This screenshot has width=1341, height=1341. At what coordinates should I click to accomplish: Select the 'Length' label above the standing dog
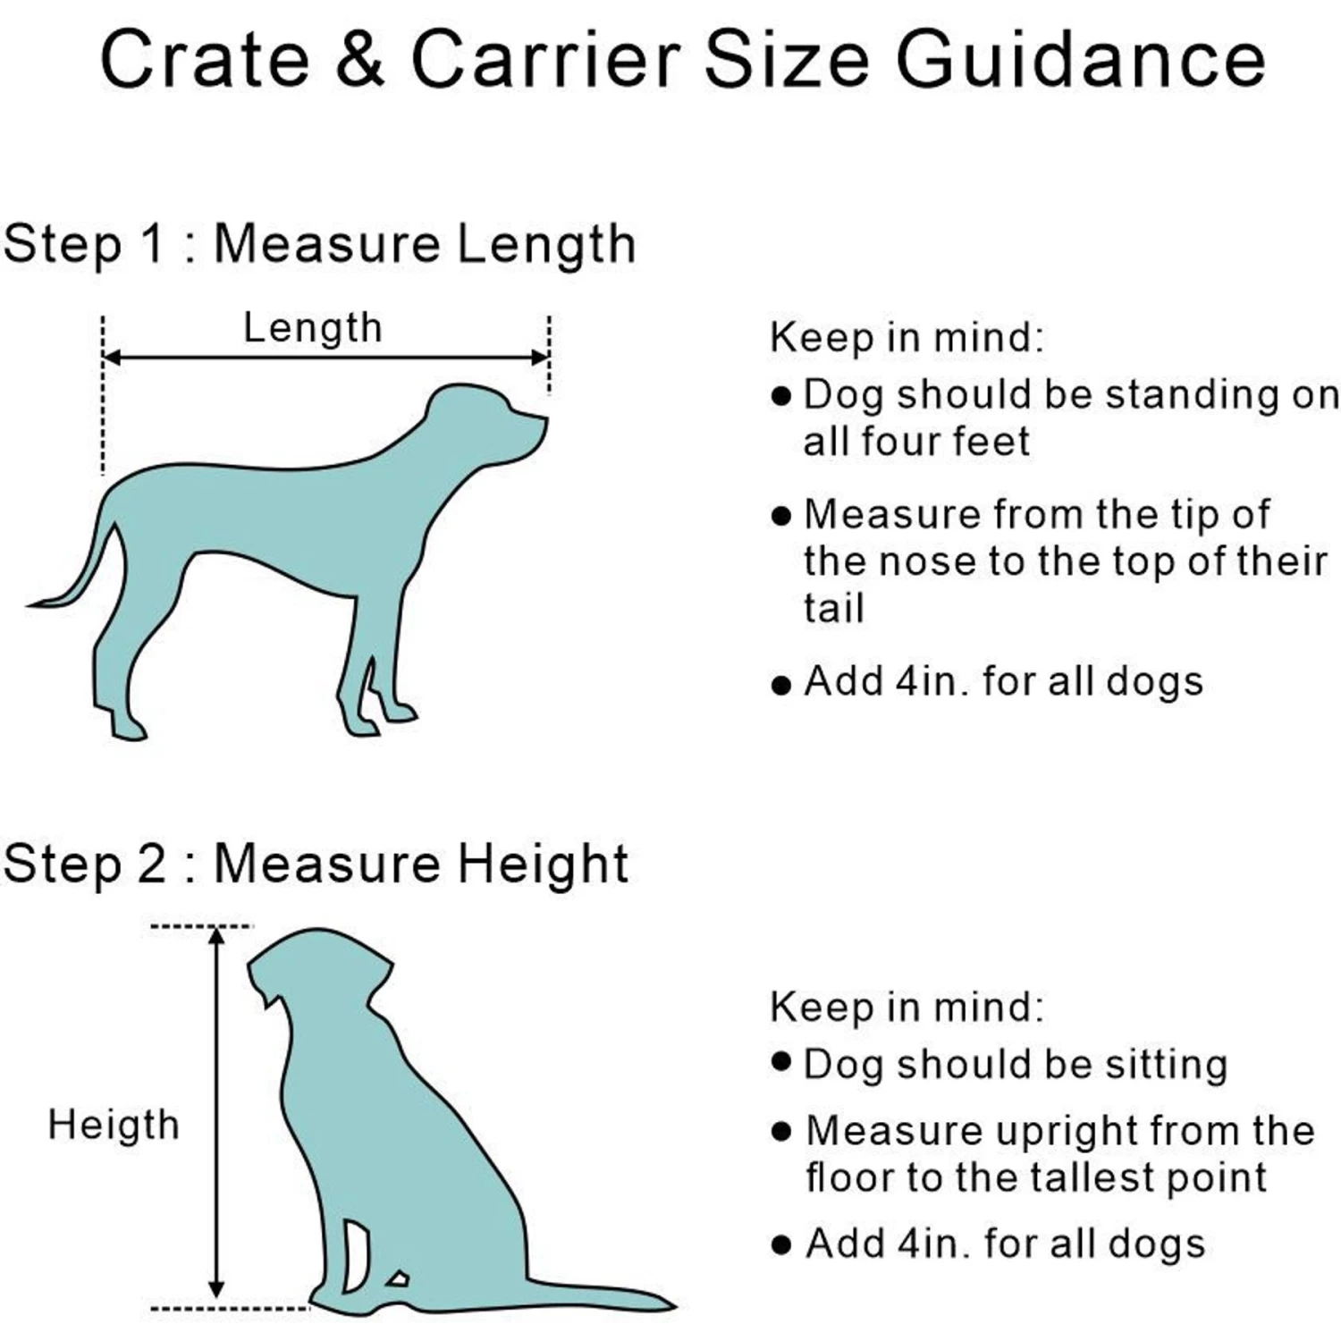(313, 328)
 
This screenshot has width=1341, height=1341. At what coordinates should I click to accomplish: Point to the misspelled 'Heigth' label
(114, 1125)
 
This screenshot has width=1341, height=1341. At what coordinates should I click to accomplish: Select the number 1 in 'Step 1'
(154, 243)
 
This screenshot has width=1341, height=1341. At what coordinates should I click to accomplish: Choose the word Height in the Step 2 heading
(544, 864)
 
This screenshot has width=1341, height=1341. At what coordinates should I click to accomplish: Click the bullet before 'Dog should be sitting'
(781, 1062)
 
